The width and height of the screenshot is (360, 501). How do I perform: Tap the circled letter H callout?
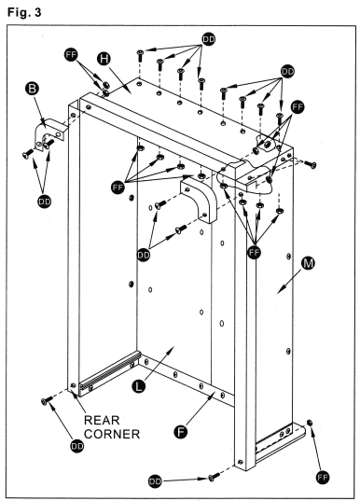(104, 59)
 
